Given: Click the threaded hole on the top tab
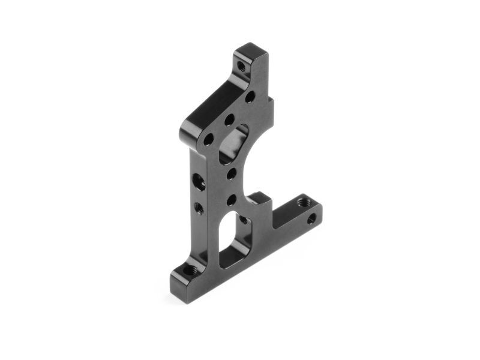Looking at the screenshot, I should (241, 67).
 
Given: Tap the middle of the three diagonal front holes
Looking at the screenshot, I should (229, 120).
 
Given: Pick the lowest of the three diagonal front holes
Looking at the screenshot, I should (209, 140).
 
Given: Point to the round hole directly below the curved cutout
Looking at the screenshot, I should (231, 175).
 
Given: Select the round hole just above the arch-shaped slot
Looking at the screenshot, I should (231, 200).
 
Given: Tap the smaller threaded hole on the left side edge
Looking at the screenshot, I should (199, 208).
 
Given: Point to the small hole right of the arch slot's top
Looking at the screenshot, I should (244, 220).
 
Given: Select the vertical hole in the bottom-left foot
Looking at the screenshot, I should (190, 270).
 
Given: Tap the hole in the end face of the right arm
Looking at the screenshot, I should (312, 219).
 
